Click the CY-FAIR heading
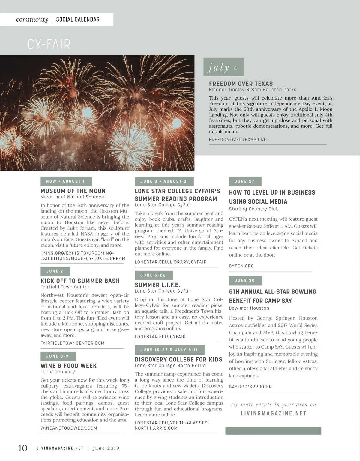[49, 44]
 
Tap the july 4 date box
[224, 67]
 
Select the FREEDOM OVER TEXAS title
[241, 84]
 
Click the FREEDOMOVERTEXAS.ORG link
[238, 140]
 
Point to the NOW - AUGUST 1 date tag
[66, 181]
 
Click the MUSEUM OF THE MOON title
[73, 191]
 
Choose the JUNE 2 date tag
[55, 271]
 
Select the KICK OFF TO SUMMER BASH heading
[80, 281]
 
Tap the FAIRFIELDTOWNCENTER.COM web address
[73, 343]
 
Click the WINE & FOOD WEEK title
[69, 366]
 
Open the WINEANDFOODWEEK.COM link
[69, 428]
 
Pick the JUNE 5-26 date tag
[153, 275]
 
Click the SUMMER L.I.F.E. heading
[157, 285]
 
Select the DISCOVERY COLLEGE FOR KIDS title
[178, 359]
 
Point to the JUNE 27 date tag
[245, 181]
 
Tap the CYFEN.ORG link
[241, 266]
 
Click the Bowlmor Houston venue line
[249, 308]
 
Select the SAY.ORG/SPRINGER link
[250, 387]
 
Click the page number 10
[23, 448]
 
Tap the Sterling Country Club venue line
[254, 209]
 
